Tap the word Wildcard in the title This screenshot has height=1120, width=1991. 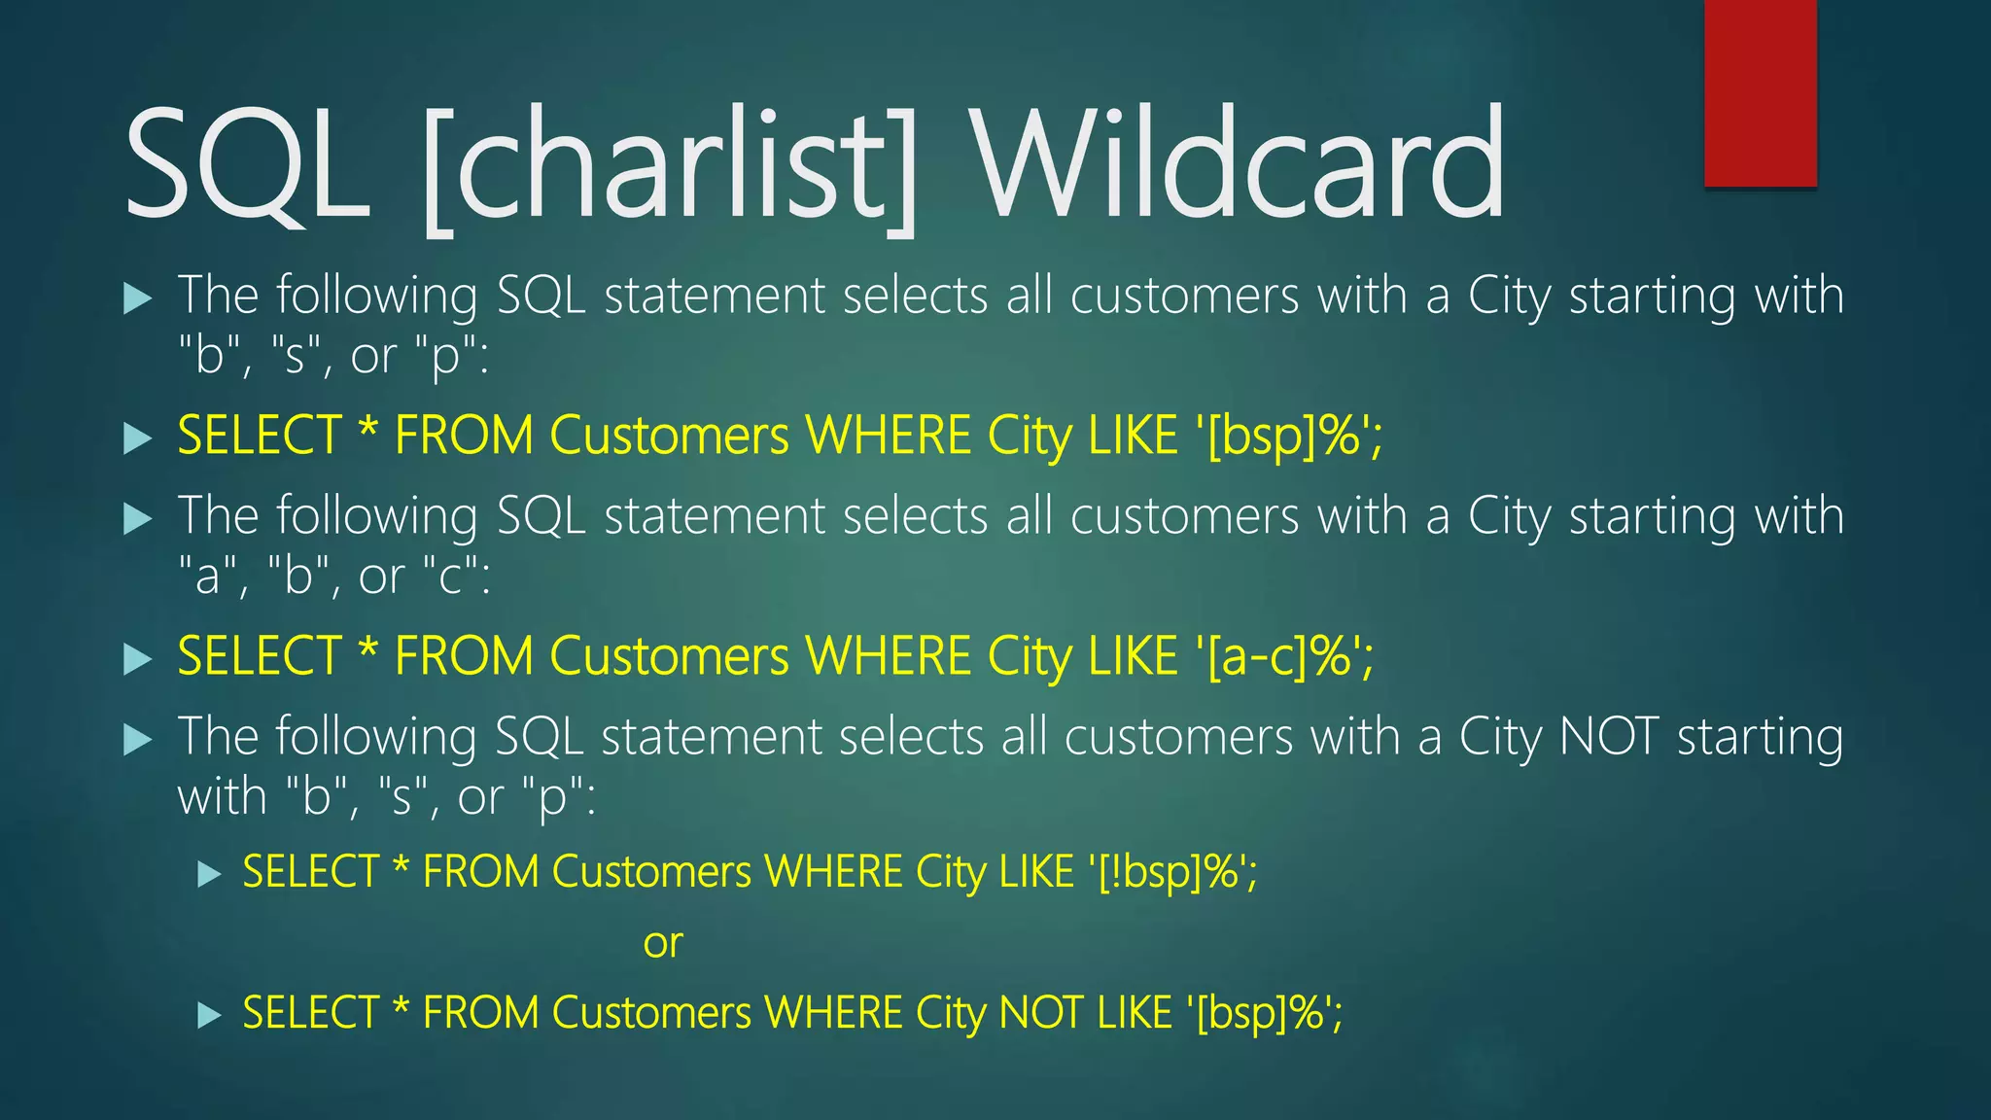coord(1240,163)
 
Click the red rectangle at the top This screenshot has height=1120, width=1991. coord(1760,92)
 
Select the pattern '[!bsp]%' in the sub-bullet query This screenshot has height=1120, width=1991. coord(1172,872)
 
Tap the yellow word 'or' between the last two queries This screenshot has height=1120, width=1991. coord(663,943)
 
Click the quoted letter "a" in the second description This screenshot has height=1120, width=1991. coord(208,577)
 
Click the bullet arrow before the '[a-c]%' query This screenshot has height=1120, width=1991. coord(138,660)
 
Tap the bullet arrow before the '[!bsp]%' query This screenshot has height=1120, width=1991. coord(209,874)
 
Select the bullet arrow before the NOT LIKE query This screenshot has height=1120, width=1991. coord(209,1016)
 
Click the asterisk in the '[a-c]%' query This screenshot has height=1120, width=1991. coord(367,648)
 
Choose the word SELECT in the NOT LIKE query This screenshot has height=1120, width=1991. coord(310,1013)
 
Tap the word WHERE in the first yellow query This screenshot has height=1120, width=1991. coord(889,436)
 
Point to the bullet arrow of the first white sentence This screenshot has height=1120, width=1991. coord(138,298)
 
